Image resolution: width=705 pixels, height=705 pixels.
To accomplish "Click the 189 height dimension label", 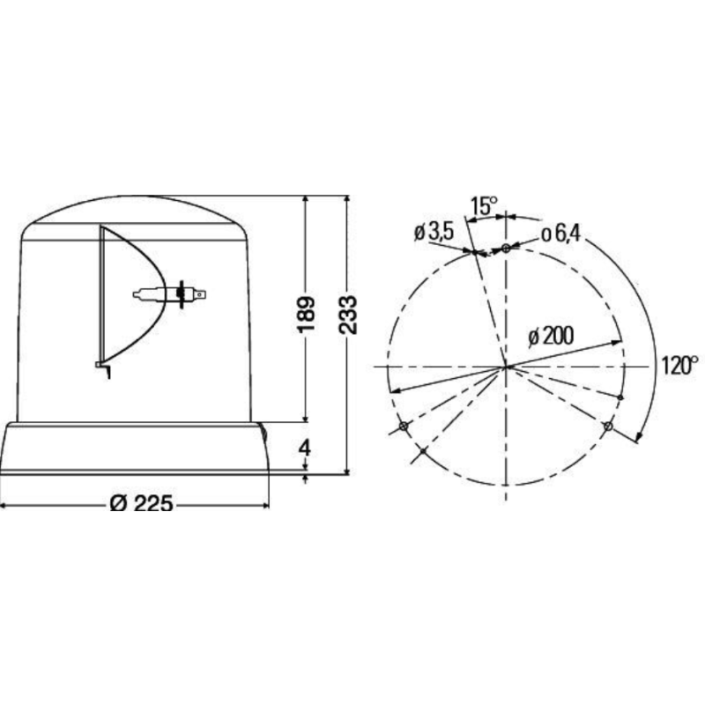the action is (x=306, y=315).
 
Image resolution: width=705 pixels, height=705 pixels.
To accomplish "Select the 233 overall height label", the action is (x=348, y=315).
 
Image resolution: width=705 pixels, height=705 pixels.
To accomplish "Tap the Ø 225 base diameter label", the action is (x=141, y=503).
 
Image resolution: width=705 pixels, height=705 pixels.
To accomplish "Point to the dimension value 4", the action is (x=305, y=448).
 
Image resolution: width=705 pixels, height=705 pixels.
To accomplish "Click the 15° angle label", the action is (x=484, y=206).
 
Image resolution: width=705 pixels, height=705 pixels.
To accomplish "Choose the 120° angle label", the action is (x=679, y=365).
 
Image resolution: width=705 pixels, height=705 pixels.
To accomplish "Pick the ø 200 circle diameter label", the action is (x=552, y=336).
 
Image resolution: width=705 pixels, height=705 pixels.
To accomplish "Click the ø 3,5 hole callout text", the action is (x=434, y=232).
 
